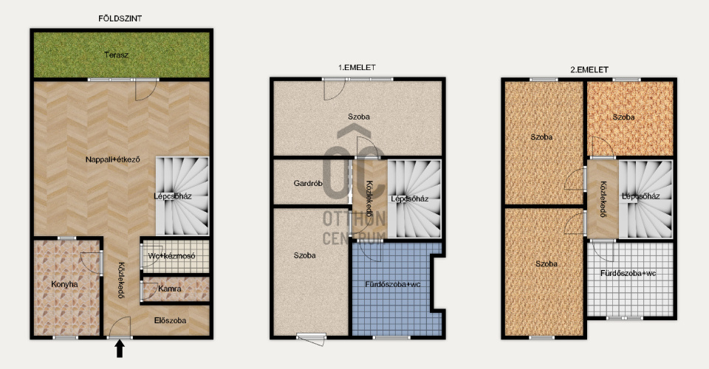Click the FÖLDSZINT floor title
tap(120, 18)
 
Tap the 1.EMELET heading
tap(357, 67)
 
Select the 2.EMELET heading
tap(589, 69)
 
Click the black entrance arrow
tap(120, 348)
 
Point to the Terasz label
tap(116, 55)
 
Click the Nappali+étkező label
tap(112, 159)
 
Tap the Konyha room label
tap(64, 284)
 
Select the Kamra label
tap(170, 289)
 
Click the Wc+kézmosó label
tap(172, 255)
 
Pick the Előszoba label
tap(170, 320)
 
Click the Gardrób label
tap(308, 183)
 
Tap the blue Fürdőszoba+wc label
tap(393, 284)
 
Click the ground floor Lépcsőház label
tap(173, 196)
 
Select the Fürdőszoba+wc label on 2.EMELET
tap(628, 273)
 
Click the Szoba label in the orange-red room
tap(623, 117)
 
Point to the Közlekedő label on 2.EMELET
tap(603, 199)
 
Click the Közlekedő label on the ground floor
tap(121, 280)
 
